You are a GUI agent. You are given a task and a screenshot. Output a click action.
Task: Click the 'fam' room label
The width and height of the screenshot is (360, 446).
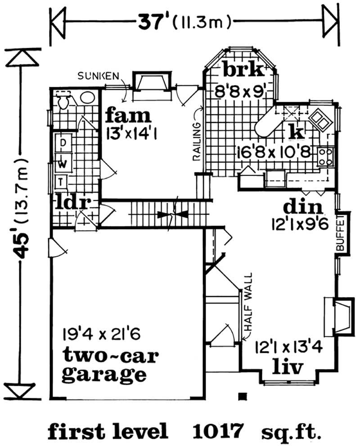point(128,116)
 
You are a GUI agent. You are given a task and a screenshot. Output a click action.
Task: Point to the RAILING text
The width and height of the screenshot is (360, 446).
point(197,141)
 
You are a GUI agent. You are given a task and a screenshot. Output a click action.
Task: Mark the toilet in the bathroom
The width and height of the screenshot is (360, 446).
point(63,101)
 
